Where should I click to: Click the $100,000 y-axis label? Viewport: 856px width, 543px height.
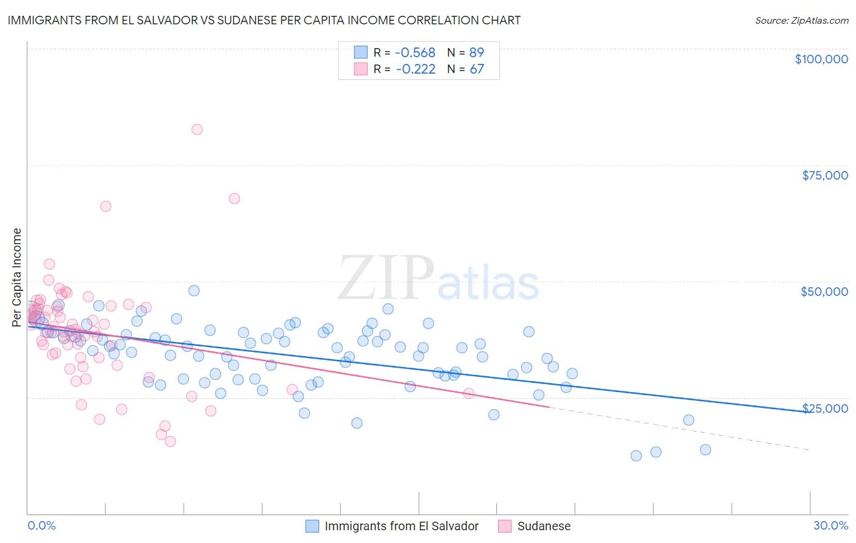tap(821, 59)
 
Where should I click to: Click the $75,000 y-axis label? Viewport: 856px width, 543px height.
tap(824, 175)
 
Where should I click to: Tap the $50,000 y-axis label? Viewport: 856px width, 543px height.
tap(824, 292)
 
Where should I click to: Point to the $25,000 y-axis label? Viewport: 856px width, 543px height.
tap(824, 408)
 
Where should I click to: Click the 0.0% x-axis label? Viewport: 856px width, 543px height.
tap(41, 526)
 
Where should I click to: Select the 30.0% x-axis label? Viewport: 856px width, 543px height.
tap(830, 526)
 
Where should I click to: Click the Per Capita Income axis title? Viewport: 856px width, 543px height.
tap(17, 277)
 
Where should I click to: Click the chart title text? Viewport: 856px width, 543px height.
tap(264, 20)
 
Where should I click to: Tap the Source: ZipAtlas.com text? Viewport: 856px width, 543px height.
tap(801, 21)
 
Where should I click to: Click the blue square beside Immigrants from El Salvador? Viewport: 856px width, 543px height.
tap(312, 526)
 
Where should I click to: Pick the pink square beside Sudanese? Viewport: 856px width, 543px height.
tap(505, 526)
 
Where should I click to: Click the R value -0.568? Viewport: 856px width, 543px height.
tap(415, 53)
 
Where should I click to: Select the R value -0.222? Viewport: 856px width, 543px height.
tap(415, 69)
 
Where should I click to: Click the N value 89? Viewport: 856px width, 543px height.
tap(476, 53)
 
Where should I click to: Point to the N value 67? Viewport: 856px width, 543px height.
tap(476, 69)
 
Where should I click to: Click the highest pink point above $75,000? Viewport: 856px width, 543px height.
tap(197, 129)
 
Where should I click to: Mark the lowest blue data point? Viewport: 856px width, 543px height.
tap(636, 456)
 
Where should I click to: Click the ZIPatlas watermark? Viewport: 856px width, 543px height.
tap(438, 279)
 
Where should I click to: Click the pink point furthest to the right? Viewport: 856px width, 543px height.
tap(469, 393)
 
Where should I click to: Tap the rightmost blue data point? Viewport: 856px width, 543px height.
tap(705, 450)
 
